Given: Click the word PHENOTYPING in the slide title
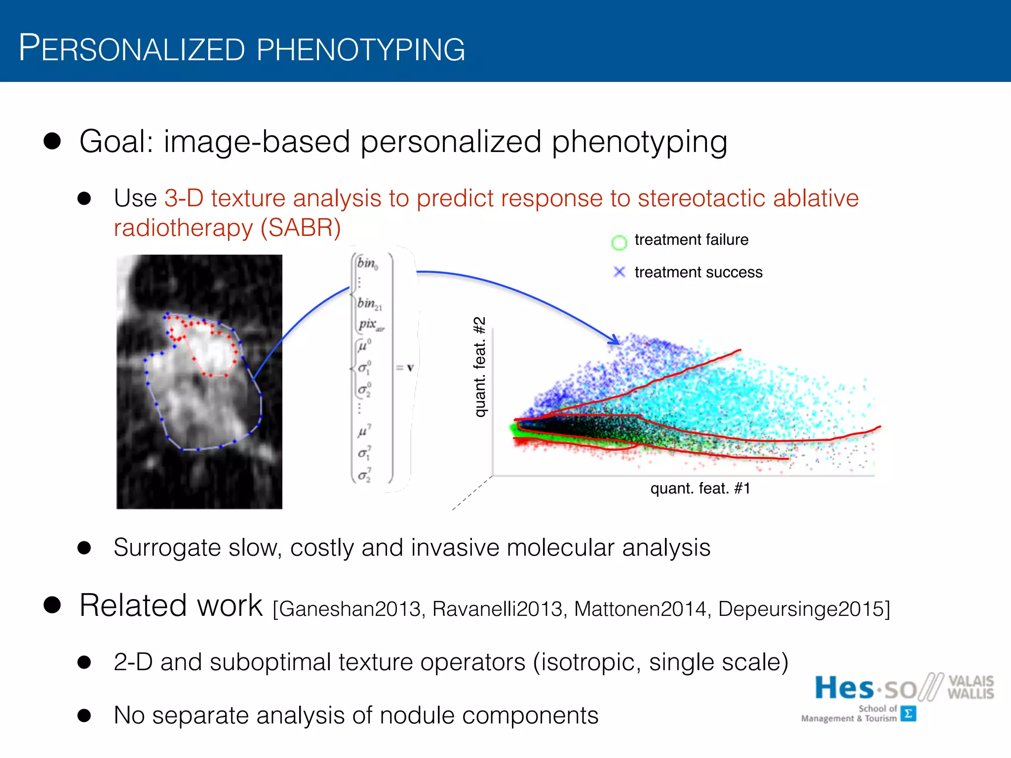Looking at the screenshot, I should (360, 49).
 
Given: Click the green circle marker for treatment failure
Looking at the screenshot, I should (619, 242).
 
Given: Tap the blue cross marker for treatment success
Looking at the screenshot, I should (619, 272).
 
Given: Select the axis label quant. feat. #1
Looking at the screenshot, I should (700, 489).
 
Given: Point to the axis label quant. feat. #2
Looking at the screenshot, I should (480, 367).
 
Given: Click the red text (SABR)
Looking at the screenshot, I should (301, 228).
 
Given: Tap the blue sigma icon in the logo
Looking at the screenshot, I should (908, 714).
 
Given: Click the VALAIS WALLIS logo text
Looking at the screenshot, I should (970, 687).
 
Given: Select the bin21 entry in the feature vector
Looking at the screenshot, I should (369, 303).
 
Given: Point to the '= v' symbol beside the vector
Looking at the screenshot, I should (405, 368).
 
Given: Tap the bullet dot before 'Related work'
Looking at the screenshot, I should (52, 605).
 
